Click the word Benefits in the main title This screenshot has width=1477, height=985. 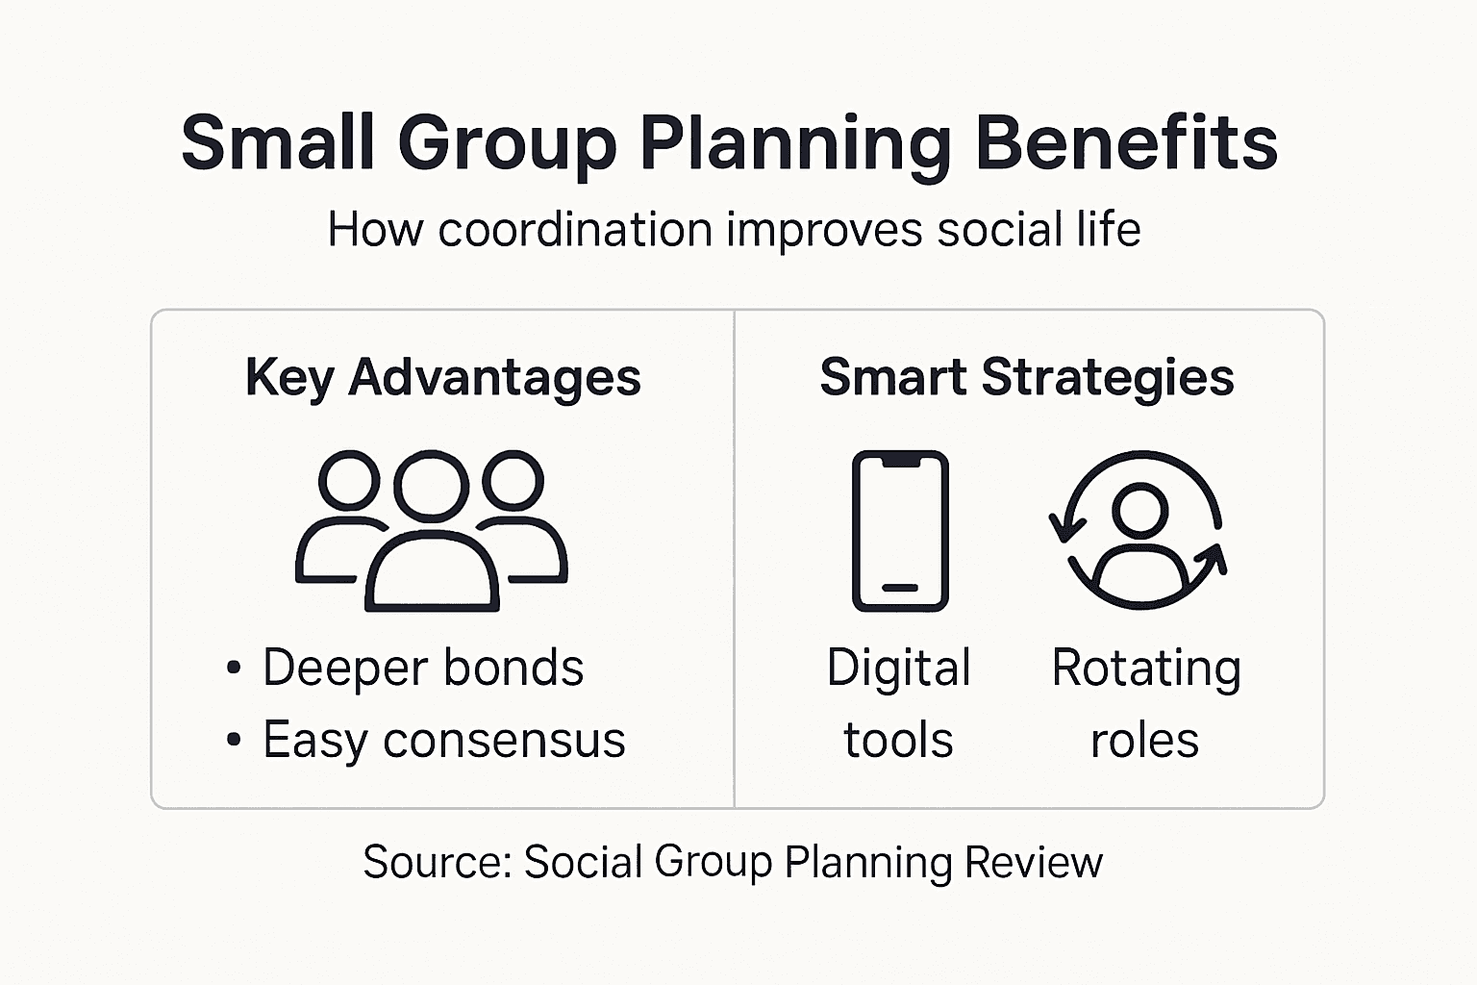[x=1126, y=142]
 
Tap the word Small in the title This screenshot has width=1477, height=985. [x=278, y=142]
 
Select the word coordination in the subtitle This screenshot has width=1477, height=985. [x=575, y=230]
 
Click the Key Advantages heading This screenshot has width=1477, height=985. [x=443, y=376]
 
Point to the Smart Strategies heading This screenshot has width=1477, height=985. [x=1027, y=376]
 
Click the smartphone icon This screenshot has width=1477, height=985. [x=900, y=530]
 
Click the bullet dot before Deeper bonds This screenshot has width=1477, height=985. [x=234, y=668]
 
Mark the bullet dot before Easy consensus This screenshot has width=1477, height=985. [x=234, y=741]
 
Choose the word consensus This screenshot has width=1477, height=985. [x=504, y=741]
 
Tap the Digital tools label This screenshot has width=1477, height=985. [x=899, y=703]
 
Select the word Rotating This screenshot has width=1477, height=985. [x=1146, y=668]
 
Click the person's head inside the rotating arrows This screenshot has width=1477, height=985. [x=1140, y=509]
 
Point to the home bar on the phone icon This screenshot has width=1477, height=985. [x=900, y=588]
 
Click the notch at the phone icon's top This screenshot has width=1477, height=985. [x=900, y=462]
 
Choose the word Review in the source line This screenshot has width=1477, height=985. [x=1034, y=862]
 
